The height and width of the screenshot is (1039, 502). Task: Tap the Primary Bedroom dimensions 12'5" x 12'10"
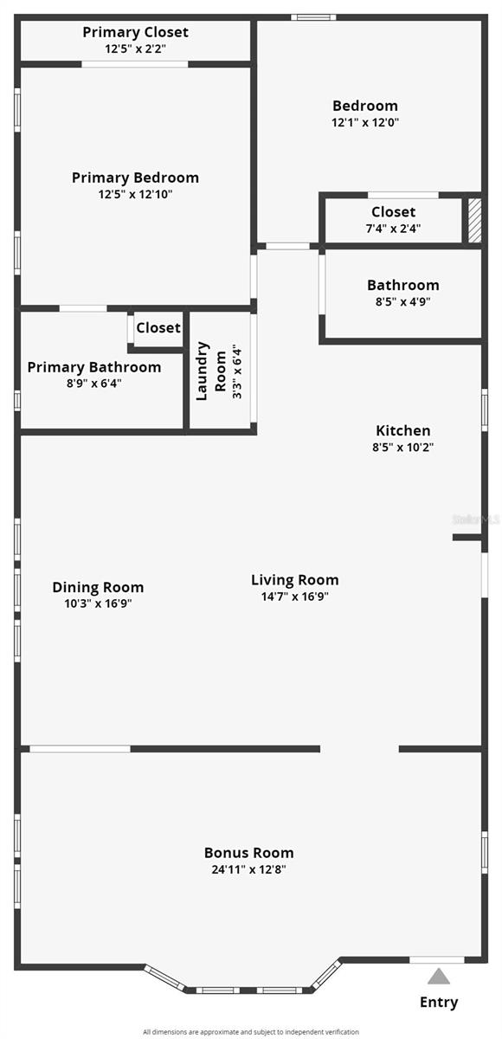click(x=135, y=194)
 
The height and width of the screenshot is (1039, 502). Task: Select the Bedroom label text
click(x=364, y=106)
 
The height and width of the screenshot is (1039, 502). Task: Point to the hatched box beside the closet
click(x=473, y=221)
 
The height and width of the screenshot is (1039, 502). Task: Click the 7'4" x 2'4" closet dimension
click(x=393, y=229)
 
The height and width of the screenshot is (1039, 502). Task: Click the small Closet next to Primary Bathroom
click(x=158, y=327)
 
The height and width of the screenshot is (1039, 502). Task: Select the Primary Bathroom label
click(x=93, y=367)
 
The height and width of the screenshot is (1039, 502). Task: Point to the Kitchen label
click(x=402, y=430)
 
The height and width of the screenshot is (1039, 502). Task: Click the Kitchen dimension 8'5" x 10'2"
click(x=402, y=448)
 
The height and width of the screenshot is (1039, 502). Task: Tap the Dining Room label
click(x=98, y=587)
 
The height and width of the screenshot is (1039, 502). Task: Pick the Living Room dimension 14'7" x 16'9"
click(x=294, y=597)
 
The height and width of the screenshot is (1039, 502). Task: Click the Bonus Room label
click(x=248, y=853)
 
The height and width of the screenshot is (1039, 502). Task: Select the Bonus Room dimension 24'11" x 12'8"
click(x=248, y=869)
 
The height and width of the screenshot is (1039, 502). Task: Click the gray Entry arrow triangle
click(x=439, y=977)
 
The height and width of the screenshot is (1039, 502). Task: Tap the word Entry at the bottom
click(x=439, y=1003)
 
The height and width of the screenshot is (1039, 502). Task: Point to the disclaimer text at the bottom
click(x=251, y=1031)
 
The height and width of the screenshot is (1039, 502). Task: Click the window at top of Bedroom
click(x=313, y=16)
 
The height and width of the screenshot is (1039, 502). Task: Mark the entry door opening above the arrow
click(x=437, y=959)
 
